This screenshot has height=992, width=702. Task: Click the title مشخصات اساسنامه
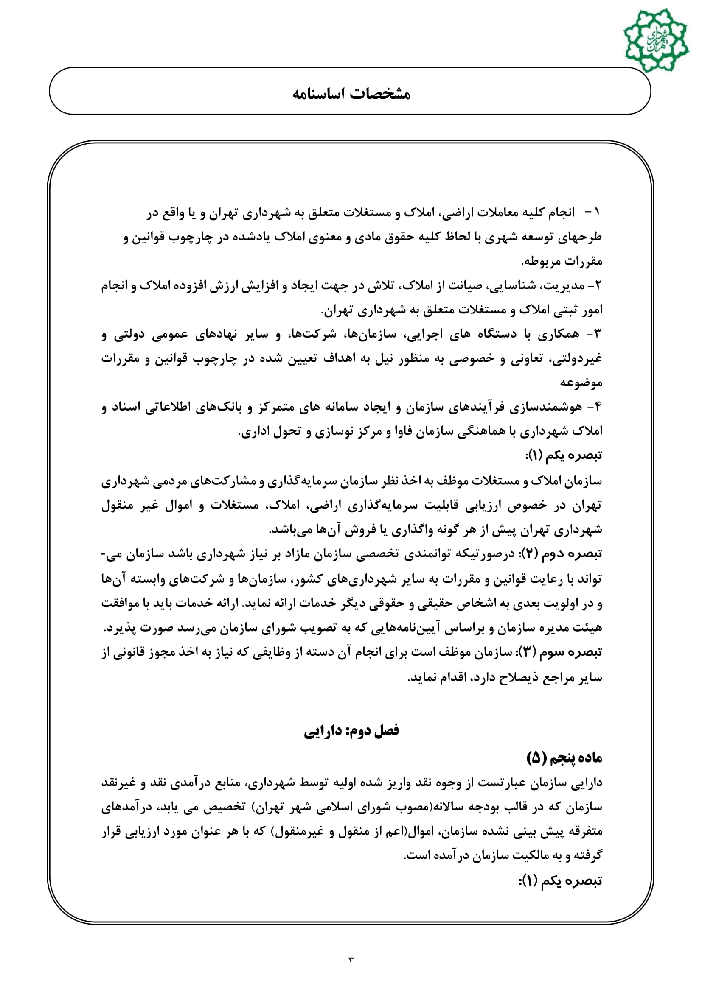(351, 94)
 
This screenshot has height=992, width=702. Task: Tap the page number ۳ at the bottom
(351, 961)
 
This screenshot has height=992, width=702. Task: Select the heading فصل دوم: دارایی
(351, 731)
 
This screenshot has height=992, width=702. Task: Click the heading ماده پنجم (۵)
(564, 757)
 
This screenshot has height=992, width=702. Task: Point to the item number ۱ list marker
(597, 212)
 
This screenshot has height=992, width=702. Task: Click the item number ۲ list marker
(598, 285)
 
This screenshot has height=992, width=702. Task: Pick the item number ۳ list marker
(597, 334)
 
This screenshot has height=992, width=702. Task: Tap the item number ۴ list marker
(598, 407)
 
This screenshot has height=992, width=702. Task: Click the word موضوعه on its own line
(581, 383)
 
